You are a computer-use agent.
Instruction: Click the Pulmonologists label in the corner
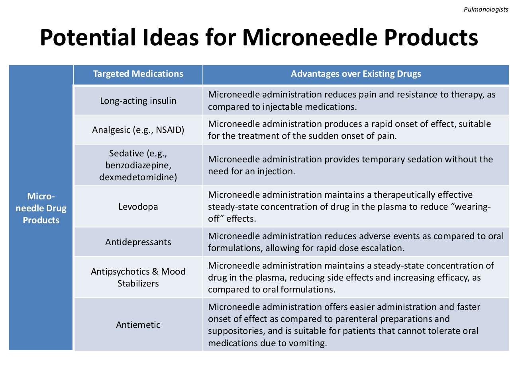pos(486,10)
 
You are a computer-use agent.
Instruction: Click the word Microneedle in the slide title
pos(310,37)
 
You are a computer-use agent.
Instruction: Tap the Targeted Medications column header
pos(138,74)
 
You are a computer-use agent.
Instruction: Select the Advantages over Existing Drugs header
pos(356,74)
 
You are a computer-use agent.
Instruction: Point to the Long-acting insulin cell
pos(138,101)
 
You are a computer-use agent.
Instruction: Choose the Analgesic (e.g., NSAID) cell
pos(138,130)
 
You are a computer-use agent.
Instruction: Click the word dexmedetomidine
pos(138,177)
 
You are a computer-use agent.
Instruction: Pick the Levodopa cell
pos(138,207)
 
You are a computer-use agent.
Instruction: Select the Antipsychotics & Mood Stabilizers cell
pos(138,277)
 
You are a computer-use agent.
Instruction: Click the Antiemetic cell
pos(138,325)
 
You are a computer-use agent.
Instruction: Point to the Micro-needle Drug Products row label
pos(41,208)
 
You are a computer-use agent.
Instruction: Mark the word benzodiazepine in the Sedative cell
pos(138,166)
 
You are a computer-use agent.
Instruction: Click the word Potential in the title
pos(88,37)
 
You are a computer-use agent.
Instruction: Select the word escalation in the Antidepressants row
pos(382,248)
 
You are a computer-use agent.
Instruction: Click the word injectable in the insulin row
pos(282,107)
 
